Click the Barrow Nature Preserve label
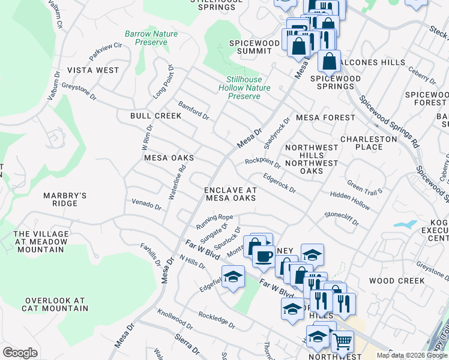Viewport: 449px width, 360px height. (x=151, y=38)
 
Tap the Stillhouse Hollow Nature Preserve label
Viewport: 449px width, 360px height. (x=244, y=88)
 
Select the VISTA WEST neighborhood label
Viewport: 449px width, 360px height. (x=92, y=70)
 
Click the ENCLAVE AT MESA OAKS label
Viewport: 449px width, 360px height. (x=231, y=194)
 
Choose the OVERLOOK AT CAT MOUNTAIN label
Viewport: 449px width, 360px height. (x=55, y=304)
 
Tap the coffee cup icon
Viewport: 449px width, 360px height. (x=263, y=256)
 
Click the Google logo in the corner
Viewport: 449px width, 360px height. (x=20, y=353)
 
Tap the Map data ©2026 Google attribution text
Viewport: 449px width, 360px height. (x=411, y=355)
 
